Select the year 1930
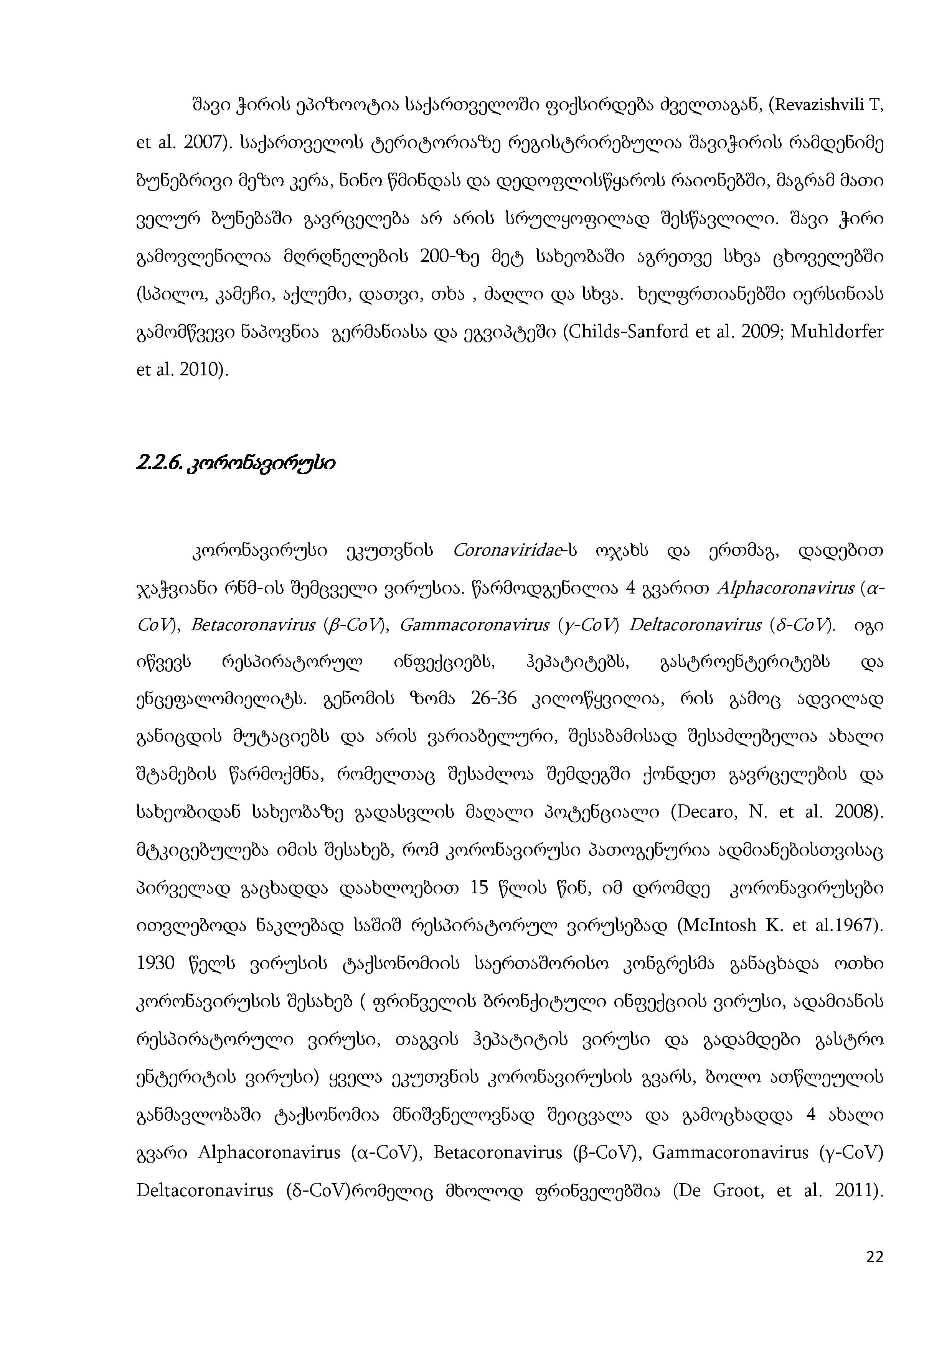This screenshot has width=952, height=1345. tap(155, 963)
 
